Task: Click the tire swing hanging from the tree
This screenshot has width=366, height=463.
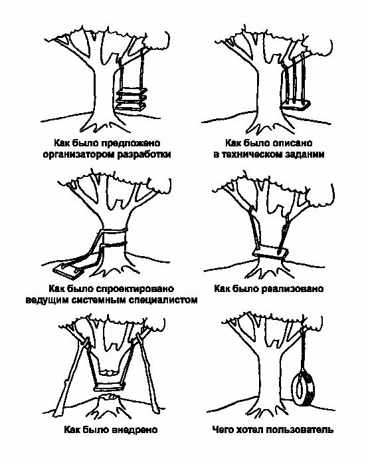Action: (x=303, y=389)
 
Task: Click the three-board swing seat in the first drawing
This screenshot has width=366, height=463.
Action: (x=132, y=99)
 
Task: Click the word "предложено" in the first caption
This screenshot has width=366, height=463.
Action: (x=132, y=143)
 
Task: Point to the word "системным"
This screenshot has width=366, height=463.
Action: (x=99, y=300)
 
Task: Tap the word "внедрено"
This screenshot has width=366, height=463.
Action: (x=135, y=430)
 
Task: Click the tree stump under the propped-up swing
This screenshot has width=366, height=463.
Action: (x=108, y=405)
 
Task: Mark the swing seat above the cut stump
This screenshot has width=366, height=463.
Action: (x=110, y=386)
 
